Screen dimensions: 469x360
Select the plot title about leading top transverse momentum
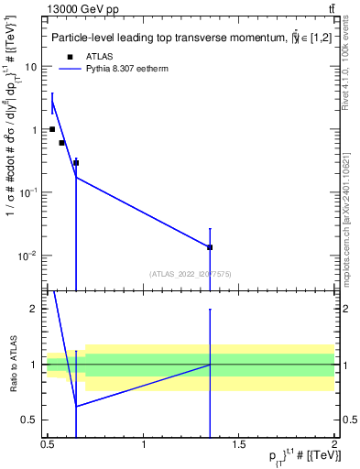point(190,38)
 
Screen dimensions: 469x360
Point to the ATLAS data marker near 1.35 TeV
point(210,247)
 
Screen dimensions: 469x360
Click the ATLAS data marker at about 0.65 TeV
point(76,163)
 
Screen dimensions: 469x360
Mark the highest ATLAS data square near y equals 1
point(52,129)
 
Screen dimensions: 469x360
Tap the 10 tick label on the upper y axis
point(30,67)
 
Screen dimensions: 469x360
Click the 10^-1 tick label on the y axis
point(28,192)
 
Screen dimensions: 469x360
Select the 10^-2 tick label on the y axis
point(28,256)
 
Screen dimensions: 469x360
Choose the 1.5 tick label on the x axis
point(239,444)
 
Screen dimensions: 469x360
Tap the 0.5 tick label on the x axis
point(48,444)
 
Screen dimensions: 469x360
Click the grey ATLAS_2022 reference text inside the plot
point(191,274)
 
